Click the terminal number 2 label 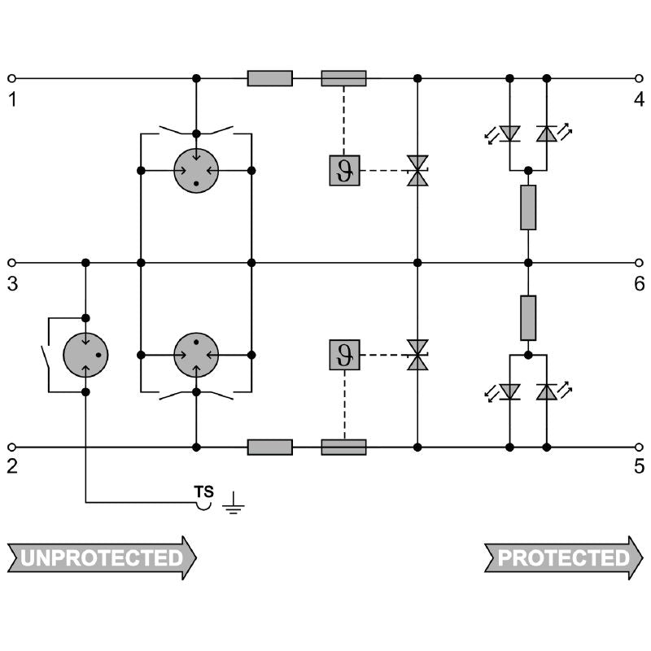coord(12,468)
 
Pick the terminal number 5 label coord(639,468)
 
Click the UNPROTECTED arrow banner coord(102,558)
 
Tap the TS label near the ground coord(203,492)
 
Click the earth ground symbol coord(234,505)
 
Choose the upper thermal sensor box coord(344,171)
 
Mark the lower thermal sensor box coord(344,355)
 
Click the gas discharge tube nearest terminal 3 coord(86,355)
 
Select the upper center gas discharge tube coord(196,171)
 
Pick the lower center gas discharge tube coord(196,355)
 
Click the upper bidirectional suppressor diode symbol coord(417,171)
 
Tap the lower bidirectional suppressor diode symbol coord(417,355)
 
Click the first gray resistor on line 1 coord(269,78)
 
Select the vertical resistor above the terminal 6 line coord(528,208)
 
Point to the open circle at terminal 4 coord(639,78)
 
